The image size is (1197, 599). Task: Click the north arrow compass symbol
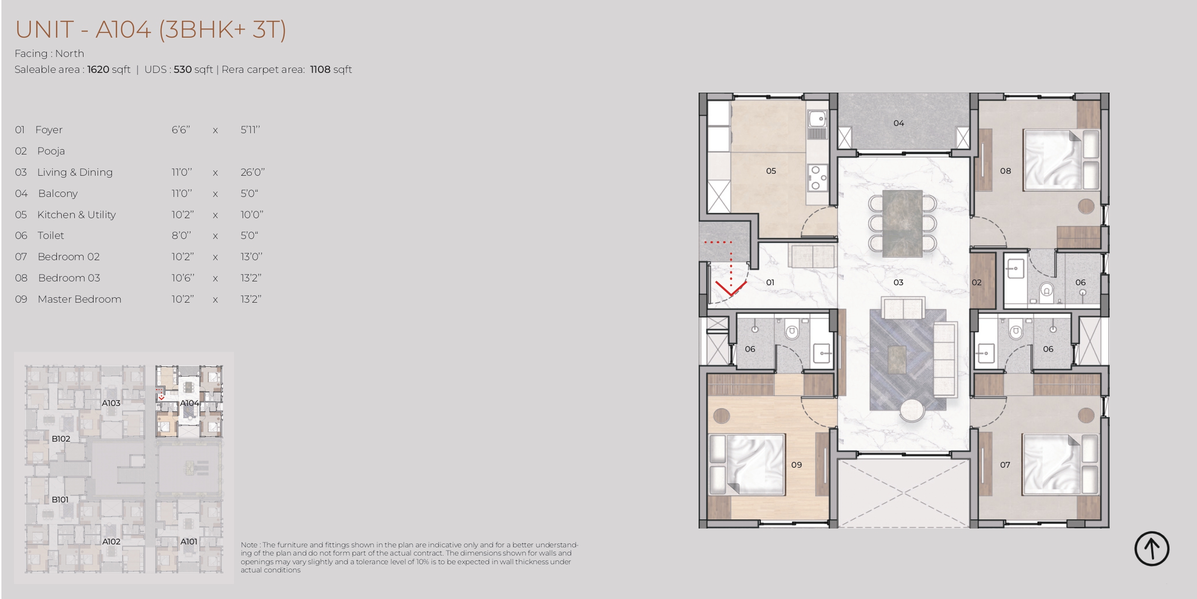[1151, 548]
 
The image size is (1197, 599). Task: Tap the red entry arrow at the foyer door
[730, 289]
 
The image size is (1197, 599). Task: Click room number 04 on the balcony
[898, 123]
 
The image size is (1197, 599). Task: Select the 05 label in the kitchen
[771, 171]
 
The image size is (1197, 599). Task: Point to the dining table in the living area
[902, 223]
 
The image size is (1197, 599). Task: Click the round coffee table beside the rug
[912, 411]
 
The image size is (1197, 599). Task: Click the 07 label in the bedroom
[1005, 465]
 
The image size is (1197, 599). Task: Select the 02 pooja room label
[977, 282]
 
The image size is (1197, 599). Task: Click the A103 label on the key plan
[111, 403]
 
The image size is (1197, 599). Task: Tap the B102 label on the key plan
[61, 439]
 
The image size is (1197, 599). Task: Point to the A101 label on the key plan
[189, 542]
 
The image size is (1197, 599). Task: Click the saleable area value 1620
[98, 70]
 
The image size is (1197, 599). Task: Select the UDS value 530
[183, 70]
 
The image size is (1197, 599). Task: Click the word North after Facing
[69, 54]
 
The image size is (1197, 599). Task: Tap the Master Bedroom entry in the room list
[80, 299]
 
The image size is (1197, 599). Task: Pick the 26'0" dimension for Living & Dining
[252, 172]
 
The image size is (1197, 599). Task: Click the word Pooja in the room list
[51, 151]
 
